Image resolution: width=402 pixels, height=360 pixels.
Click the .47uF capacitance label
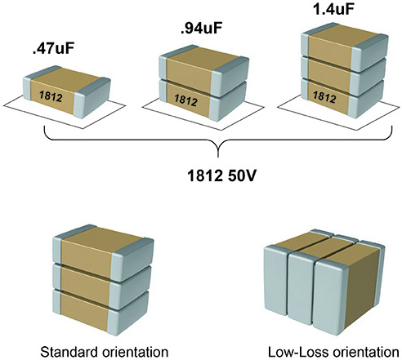point(53,48)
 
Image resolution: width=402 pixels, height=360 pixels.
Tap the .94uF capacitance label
point(202,28)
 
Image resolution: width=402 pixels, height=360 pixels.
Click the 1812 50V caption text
point(221,176)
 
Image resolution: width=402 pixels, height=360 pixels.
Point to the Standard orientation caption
point(105,352)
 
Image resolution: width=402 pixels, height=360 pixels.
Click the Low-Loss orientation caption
point(333,352)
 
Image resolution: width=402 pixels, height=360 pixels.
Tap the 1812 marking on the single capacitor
point(51,96)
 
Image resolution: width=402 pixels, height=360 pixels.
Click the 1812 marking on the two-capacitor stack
point(185,100)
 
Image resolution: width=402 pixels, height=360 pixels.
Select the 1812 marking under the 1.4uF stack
point(324,97)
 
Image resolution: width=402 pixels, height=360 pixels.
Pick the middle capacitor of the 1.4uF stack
point(345,76)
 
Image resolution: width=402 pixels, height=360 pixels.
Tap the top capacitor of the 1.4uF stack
point(345,47)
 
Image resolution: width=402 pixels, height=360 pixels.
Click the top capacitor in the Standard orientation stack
point(103,252)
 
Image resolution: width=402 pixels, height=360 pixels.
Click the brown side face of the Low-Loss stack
point(362,287)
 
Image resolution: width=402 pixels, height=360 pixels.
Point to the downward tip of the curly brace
point(218,158)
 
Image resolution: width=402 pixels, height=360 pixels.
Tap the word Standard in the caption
point(69,352)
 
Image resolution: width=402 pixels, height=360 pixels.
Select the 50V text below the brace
point(242,176)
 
